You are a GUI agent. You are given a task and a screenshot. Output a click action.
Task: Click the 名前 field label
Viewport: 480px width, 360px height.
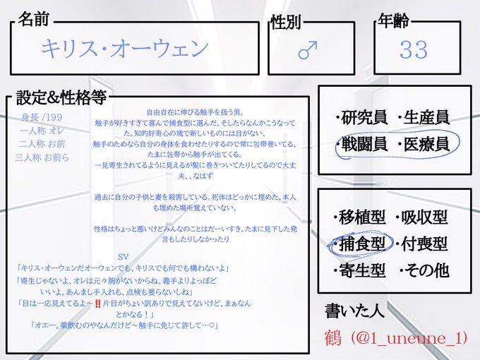pyautogui.click(x=33, y=19)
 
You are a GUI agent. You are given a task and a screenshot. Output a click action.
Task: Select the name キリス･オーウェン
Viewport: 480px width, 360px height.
pyautogui.click(x=124, y=48)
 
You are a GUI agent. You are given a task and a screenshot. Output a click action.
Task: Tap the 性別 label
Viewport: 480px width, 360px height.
pyautogui.click(x=285, y=23)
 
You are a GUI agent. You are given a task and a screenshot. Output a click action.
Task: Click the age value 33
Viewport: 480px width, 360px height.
pyautogui.click(x=413, y=49)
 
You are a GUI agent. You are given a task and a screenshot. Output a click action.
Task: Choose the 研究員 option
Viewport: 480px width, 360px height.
pyautogui.click(x=361, y=116)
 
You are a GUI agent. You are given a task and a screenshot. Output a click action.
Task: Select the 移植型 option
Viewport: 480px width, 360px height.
pyautogui.click(x=359, y=217)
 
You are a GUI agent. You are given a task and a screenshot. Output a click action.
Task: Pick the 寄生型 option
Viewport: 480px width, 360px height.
pyautogui.click(x=359, y=270)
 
